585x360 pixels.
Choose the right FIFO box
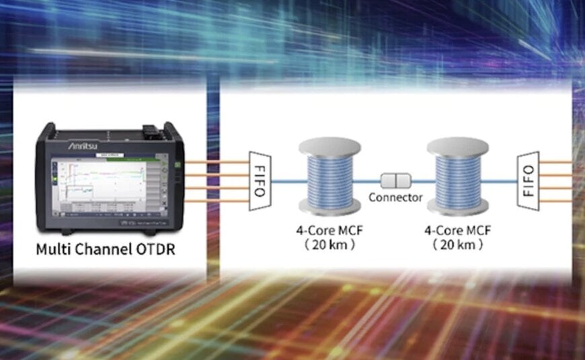point(529,180)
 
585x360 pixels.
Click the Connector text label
point(395,198)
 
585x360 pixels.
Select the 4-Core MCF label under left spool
point(329,231)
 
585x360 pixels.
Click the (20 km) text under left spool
point(329,245)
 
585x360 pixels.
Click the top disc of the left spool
point(330,147)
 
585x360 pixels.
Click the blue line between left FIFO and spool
point(286,180)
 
